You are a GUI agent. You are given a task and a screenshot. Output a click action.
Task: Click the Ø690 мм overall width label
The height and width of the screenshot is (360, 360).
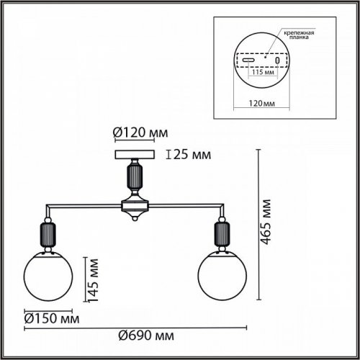146,336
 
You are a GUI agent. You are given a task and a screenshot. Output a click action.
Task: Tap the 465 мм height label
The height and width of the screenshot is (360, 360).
266,222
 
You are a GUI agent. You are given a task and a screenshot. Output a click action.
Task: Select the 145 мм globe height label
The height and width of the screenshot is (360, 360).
93,281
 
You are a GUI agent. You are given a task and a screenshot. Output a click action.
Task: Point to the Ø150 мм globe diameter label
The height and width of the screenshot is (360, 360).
52,319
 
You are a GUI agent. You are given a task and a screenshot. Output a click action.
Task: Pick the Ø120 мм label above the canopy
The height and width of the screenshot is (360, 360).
140,132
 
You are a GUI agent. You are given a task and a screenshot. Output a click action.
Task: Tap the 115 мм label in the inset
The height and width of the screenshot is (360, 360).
263,72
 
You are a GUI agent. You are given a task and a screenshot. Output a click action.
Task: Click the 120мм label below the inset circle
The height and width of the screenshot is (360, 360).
261,103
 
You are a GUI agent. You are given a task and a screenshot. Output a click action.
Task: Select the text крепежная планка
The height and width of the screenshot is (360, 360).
299,35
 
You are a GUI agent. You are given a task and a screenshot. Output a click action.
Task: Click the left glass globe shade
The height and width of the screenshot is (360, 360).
48,276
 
